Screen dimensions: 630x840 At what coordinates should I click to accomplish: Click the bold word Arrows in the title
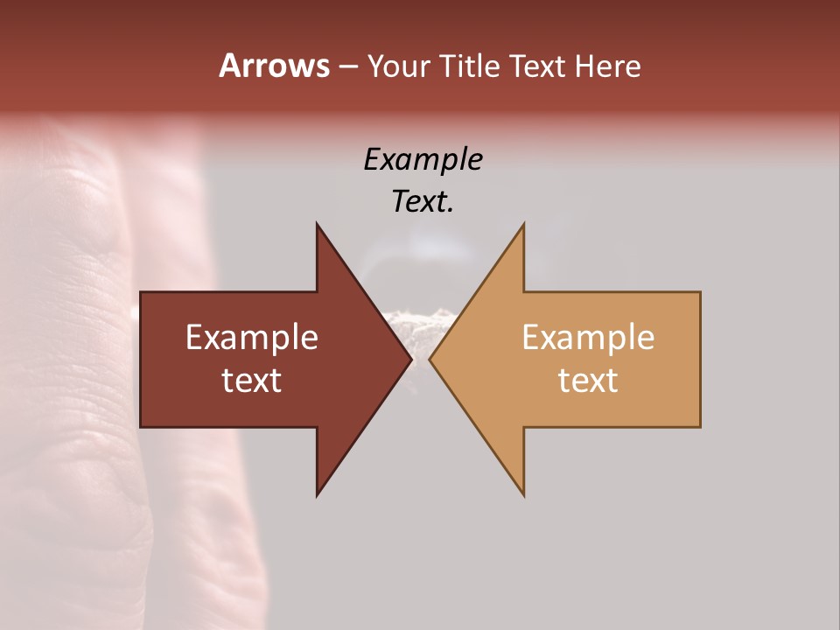[274, 66]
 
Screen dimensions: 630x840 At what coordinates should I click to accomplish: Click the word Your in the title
[399, 66]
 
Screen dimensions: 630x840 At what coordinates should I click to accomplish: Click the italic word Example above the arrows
[423, 159]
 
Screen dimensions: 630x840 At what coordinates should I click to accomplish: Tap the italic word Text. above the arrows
[423, 201]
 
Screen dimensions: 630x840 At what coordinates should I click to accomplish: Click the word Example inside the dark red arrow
[252, 338]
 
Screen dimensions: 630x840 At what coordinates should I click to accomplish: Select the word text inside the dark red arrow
[252, 381]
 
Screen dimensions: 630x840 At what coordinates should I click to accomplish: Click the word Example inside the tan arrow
[588, 338]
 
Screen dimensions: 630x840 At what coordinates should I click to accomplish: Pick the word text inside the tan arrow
[588, 381]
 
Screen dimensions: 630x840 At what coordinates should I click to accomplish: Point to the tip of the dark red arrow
[410, 359]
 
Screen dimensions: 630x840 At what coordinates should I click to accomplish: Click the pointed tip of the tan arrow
[430, 359]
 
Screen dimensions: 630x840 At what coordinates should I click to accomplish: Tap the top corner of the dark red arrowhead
[318, 224]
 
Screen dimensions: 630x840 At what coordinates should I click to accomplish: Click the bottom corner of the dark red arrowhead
[318, 494]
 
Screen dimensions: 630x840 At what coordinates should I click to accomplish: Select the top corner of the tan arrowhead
[523, 224]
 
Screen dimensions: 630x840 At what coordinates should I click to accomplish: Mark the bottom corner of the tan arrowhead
[523, 494]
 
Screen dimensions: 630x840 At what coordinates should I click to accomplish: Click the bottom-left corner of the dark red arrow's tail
[142, 426]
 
